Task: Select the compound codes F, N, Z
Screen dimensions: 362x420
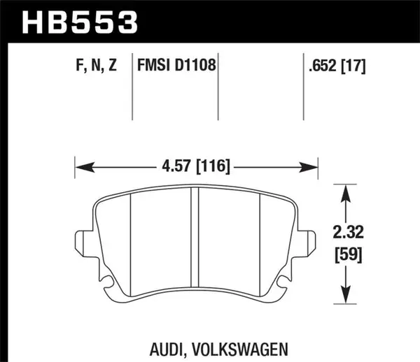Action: pos(93,67)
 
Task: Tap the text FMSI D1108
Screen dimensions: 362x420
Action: pos(176,67)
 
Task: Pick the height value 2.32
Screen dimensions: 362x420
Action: pos(348,230)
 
